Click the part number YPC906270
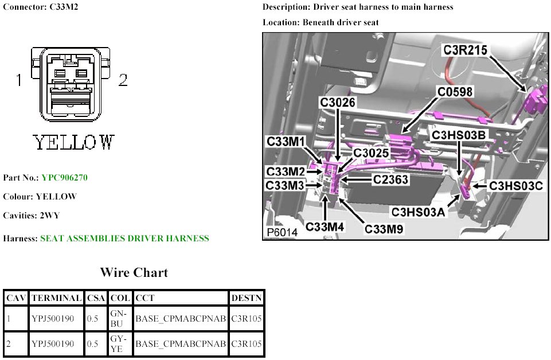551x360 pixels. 64,178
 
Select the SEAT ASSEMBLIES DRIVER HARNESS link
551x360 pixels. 124,238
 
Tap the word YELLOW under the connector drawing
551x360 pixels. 73,142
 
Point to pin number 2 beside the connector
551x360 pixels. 123,80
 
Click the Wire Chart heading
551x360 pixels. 134,272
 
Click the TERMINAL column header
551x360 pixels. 57,298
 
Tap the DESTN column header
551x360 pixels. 247,298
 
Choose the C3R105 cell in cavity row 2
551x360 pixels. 247,344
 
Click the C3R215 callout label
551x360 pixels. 466,50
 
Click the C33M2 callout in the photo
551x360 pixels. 286,171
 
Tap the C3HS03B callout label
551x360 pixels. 459,135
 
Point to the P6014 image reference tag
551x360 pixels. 282,233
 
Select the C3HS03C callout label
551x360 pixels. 515,186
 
